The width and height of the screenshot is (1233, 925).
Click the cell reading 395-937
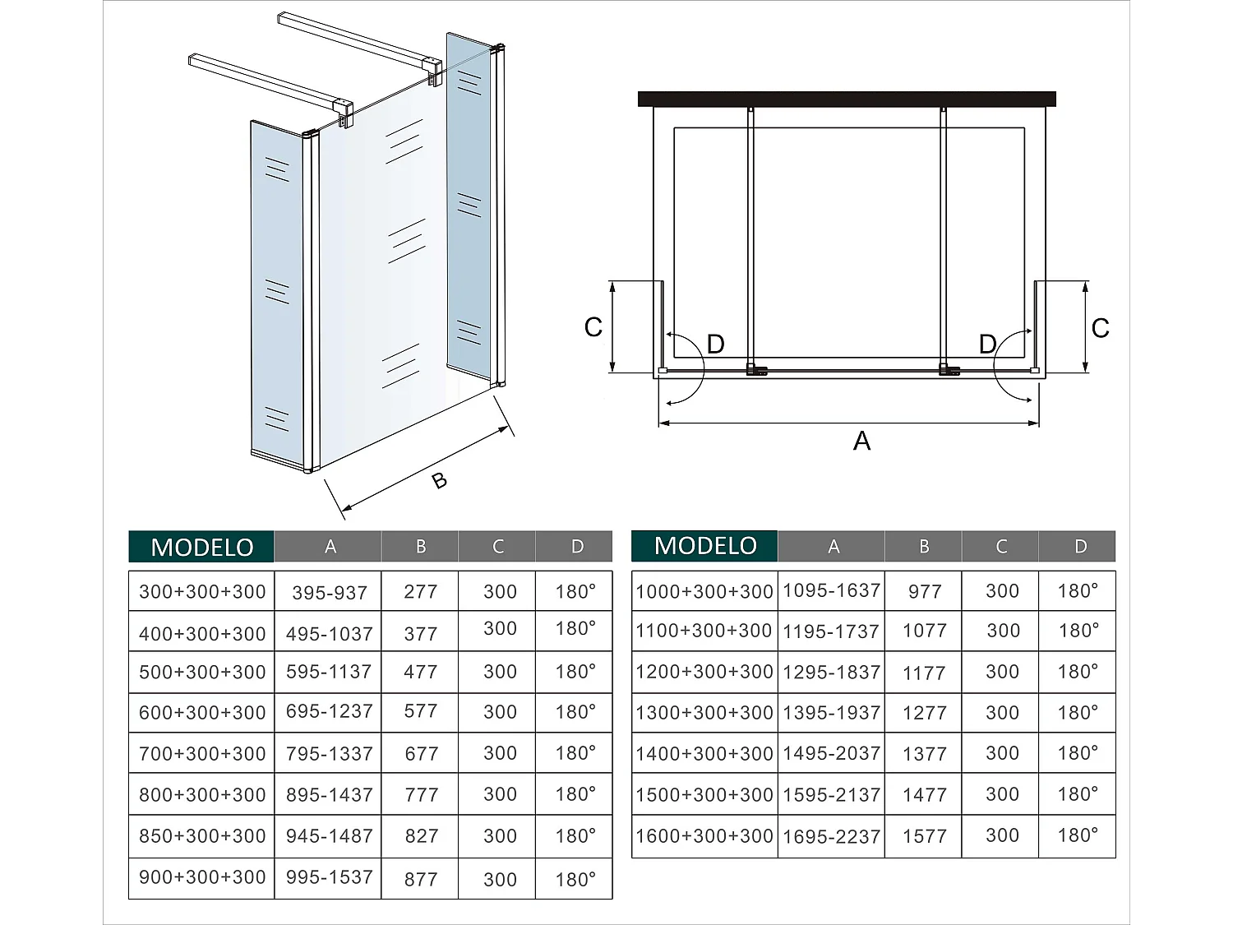329,592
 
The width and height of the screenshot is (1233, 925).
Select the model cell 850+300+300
202,835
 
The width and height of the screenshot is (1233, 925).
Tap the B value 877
421,879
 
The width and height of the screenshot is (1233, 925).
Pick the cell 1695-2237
832,836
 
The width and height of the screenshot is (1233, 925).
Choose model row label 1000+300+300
704,591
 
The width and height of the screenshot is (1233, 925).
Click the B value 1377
924,754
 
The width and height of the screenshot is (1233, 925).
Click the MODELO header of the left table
201,547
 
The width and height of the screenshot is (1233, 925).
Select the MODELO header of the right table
704,546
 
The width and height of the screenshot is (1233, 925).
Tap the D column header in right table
1079,547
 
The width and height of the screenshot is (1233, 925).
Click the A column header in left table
330,547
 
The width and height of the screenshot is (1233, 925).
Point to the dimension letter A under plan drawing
861,442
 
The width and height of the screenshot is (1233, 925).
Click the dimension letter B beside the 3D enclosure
440,480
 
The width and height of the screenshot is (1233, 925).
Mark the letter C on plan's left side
593,327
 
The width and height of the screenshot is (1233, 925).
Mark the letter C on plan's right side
1100,328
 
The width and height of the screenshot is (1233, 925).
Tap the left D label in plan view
715,345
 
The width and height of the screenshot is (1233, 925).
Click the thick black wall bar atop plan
847,99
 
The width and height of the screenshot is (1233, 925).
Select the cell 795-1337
329,753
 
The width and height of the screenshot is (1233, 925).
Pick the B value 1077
924,631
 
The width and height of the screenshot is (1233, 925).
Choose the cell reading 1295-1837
832,672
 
